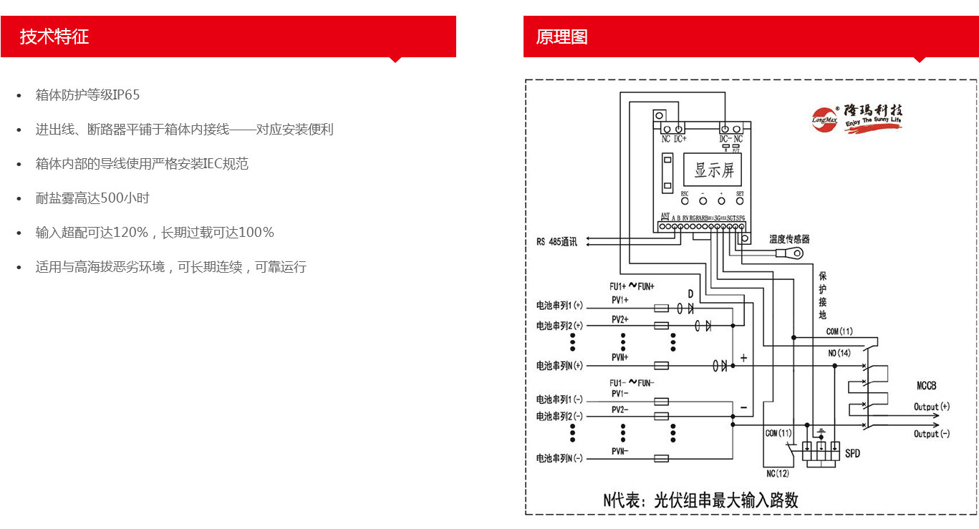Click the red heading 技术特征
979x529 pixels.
click(54, 37)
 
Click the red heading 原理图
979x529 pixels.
click(561, 37)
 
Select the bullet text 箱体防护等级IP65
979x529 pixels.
click(87, 95)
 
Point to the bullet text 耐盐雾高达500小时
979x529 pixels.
click(92, 198)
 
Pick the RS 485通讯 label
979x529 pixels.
click(556, 241)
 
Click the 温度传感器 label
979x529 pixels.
click(789, 239)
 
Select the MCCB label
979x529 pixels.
click(926, 386)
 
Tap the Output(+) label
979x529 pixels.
click(931, 407)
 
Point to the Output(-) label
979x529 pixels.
click(931, 434)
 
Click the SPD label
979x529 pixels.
click(852, 454)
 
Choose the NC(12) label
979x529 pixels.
click(777, 473)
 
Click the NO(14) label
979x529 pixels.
click(839, 353)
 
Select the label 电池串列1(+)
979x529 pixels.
click(559, 306)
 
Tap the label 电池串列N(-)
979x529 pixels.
click(559, 458)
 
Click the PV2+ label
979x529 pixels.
click(619, 319)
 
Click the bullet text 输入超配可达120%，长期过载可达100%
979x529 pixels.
click(155, 233)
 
